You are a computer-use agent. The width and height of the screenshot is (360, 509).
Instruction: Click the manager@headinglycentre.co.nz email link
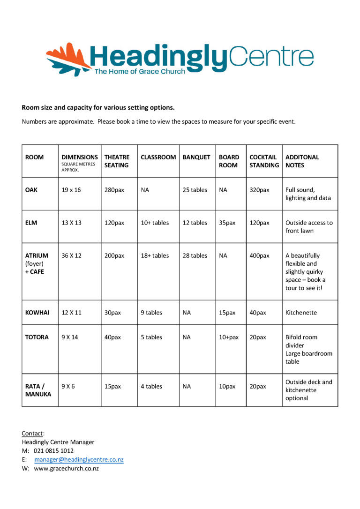(79, 459)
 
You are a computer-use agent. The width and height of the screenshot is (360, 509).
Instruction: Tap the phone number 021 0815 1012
(53, 450)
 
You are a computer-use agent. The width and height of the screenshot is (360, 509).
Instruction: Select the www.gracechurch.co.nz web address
(66, 468)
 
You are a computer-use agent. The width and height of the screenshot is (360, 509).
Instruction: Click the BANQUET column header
(196, 157)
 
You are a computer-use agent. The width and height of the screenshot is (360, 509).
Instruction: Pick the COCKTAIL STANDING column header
(264, 161)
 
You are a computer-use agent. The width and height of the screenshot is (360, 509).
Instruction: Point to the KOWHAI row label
(37, 313)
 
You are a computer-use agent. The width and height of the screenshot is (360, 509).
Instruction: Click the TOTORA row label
(37, 337)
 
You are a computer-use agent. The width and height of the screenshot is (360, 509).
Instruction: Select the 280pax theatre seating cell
(114, 190)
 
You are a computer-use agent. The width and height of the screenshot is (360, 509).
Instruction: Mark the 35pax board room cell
(227, 223)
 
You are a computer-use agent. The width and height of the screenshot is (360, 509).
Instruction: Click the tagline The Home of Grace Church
(140, 72)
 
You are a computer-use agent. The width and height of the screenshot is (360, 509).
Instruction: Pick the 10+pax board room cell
(229, 337)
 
